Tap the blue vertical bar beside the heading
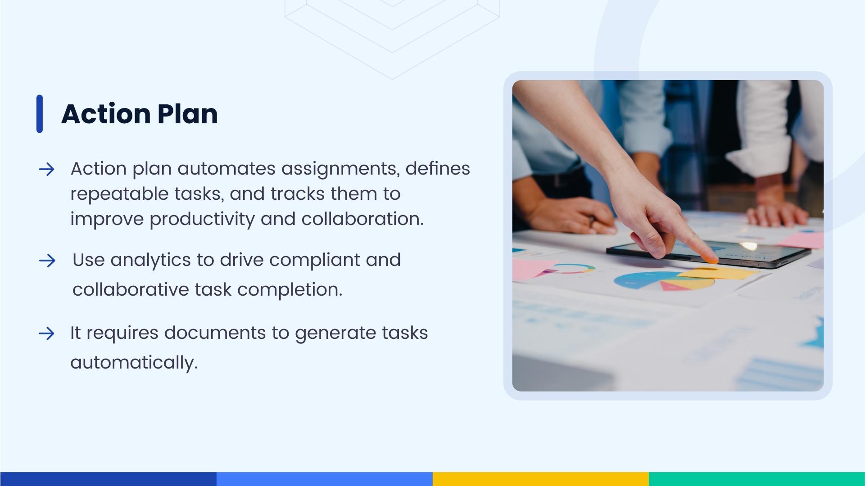tap(40, 114)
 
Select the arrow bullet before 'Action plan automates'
tap(47, 170)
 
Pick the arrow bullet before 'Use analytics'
tap(47, 261)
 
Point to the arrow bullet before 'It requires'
tap(47, 333)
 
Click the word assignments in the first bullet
tap(340, 169)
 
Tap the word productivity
tap(202, 220)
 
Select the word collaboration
tap(362, 219)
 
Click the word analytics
tap(150, 261)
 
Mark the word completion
tap(290, 290)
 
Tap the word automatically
tap(134, 363)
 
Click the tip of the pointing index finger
tap(712, 260)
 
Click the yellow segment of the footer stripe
tap(540, 479)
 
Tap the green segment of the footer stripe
tap(756, 479)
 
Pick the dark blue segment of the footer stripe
tap(108, 479)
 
